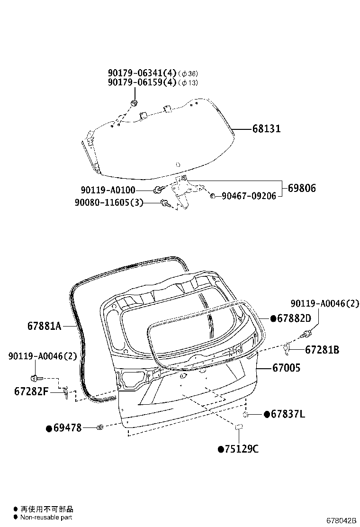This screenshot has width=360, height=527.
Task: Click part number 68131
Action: (x=266, y=129)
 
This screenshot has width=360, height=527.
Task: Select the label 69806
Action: (x=301, y=188)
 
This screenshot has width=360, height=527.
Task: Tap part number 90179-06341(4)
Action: (x=142, y=73)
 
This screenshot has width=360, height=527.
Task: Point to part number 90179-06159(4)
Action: (x=142, y=82)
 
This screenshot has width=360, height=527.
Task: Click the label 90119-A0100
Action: (x=108, y=190)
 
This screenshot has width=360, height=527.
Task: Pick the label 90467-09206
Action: (x=249, y=196)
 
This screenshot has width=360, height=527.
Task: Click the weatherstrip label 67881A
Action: (x=44, y=327)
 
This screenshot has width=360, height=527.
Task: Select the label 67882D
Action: (x=294, y=318)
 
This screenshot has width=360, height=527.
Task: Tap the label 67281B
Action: (x=322, y=350)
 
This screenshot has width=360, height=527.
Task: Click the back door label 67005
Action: (x=286, y=368)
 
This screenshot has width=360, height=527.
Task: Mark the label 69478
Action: (x=67, y=428)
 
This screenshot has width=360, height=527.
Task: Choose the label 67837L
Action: (x=287, y=415)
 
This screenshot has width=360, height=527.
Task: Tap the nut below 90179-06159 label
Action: (x=135, y=103)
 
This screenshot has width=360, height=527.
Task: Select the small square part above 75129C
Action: (x=239, y=427)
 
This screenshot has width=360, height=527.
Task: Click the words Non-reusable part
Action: (x=46, y=518)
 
